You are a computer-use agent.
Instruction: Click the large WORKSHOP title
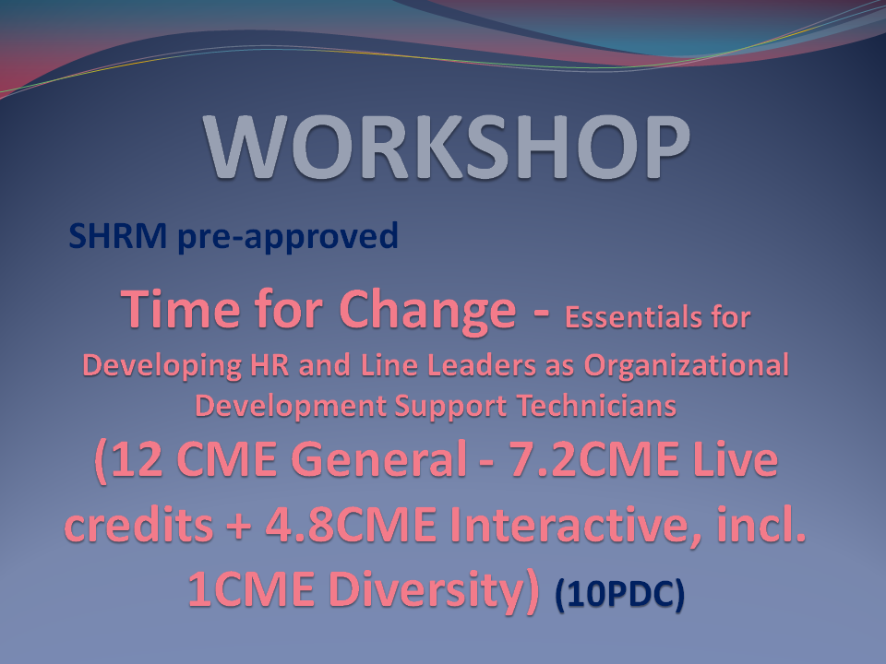pos(447,147)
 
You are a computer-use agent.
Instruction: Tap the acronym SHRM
pos(117,235)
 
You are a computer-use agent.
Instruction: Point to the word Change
pos(427,311)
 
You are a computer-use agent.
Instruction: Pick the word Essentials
pos(630,317)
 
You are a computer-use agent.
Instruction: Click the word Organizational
pos(686,366)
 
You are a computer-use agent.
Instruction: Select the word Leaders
pos(482,365)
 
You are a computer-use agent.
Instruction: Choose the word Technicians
pos(597,406)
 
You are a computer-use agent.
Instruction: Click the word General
pos(378,458)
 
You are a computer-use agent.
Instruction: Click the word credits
pos(139,524)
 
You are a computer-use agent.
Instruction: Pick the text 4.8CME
pos(351,525)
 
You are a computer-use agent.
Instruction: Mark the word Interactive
pos(576,525)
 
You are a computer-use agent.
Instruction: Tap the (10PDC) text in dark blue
pos(620,595)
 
